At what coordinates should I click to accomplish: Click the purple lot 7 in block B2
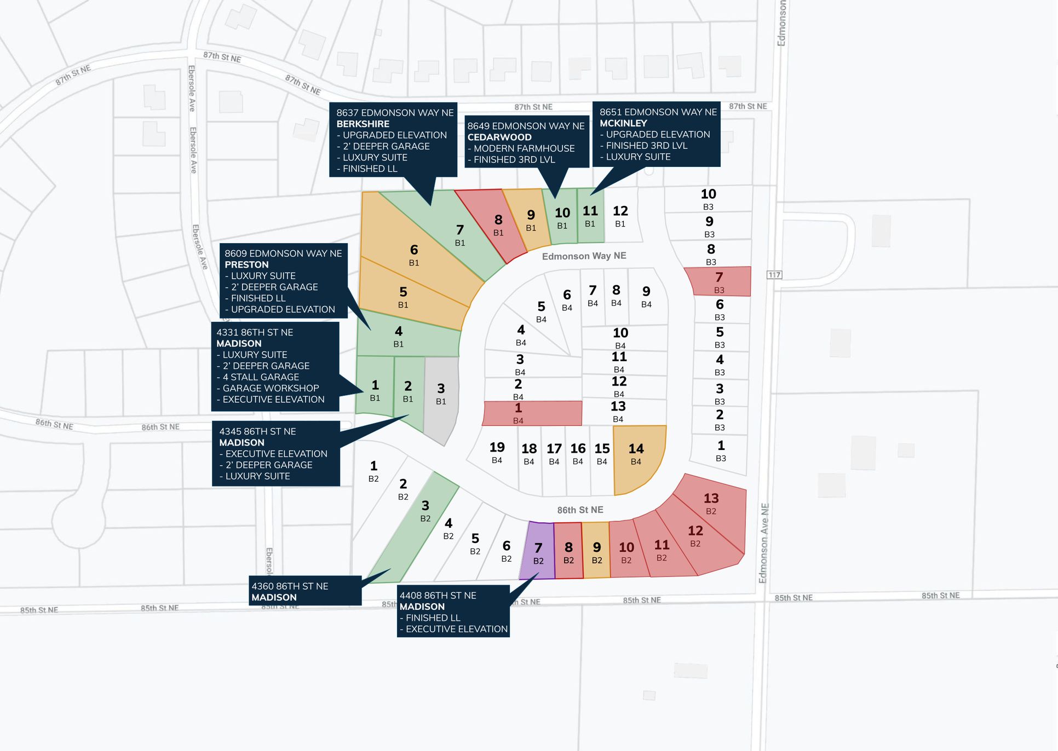(538, 552)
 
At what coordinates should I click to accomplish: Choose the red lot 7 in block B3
(718, 281)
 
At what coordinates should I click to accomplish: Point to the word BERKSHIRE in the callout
(363, 124)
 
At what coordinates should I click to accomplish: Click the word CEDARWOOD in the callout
(499, 137)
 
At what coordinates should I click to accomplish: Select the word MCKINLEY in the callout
(623, 124)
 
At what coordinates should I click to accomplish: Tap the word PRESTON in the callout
(246, 265)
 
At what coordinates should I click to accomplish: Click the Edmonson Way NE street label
(584, 256)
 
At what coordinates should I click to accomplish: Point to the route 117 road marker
(774, 275)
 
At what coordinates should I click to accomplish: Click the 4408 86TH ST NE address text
(438, 596)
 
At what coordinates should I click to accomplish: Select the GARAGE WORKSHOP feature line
(271, 388)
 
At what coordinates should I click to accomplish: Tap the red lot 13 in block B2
(711, 504)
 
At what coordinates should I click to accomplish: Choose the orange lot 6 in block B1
(413, 255)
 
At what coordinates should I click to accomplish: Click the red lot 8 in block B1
(497, 224)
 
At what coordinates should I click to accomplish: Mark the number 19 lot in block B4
(497, 452)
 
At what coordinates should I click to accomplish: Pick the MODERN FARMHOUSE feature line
(524, 148)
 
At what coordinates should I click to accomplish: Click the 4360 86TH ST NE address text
(290, 586)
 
